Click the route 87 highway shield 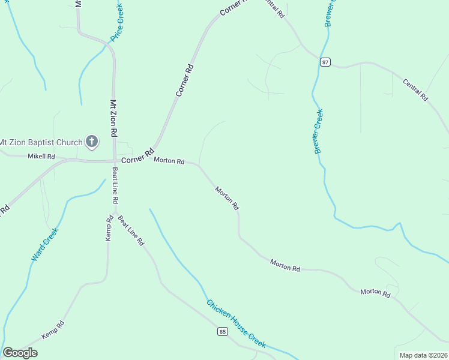coord(325,62)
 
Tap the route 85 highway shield coord(223,331)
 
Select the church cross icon coord(92,142)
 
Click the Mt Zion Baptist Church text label coord(41,143)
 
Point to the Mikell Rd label coord(41,157)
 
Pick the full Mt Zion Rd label coord(112,121)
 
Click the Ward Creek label coord(44,244)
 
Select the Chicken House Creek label coord(236,323)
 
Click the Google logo coord(20,353)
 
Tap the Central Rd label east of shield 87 coord(415,89)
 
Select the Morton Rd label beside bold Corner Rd coord(169,160)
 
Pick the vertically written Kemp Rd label coord(109,228)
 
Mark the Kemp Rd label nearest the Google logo coord(52,329)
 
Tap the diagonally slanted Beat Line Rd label coord(131,230)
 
